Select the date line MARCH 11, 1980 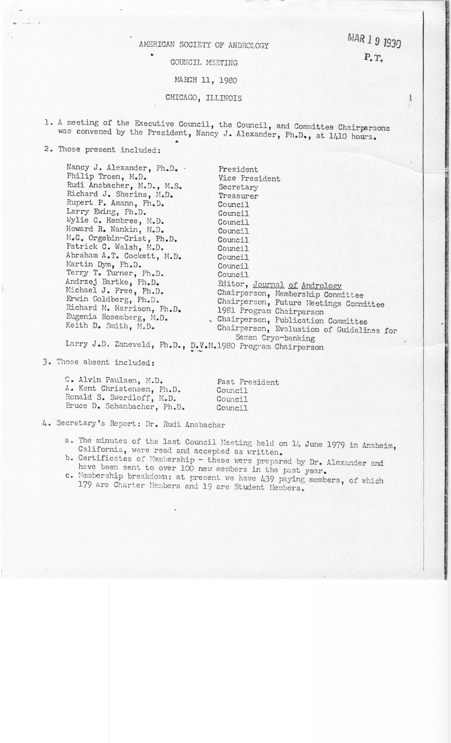coord(206,80)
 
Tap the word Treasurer coord(238,196)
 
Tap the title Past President coord(248,382)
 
